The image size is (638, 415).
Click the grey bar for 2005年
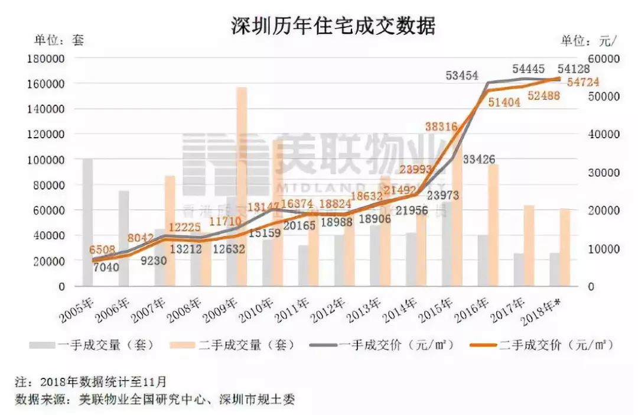point(88,225)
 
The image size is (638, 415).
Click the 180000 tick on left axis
point(45,59)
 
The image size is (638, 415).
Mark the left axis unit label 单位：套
point(59,40)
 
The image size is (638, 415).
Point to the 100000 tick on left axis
point(45,160)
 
